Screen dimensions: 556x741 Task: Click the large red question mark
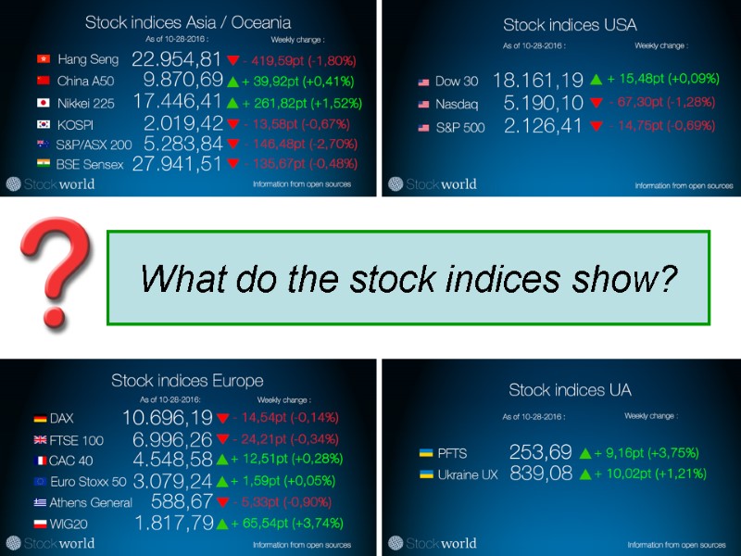tap(58, 275)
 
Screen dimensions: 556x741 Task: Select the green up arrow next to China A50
tap(232, 82)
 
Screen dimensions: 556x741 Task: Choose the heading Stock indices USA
tap(570, 25)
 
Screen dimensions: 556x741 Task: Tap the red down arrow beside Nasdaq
tap(596, 103)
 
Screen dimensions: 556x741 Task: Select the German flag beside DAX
tap(40, 419)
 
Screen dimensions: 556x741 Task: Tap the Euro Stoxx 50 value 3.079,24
tap(173, 481)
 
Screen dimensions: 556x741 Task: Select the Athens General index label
tap(90, 502)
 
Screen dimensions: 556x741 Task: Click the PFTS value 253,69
tap(540, 453)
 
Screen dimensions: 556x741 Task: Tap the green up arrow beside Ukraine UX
tap(584, 474)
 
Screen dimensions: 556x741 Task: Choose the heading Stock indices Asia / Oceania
tap(188, 21)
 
